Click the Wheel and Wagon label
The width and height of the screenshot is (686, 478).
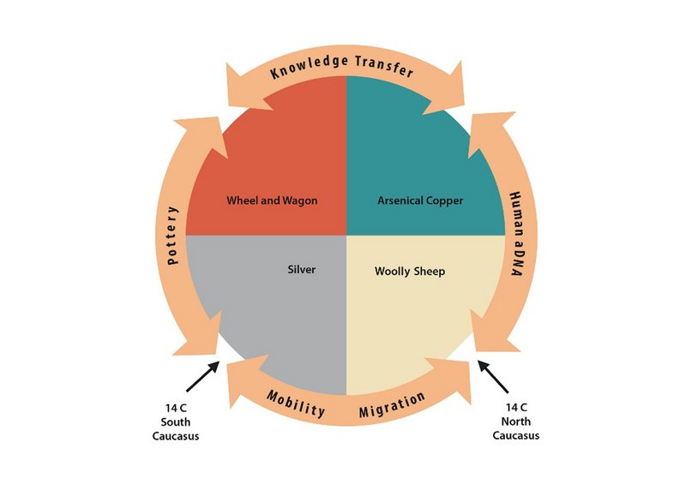(272, 200)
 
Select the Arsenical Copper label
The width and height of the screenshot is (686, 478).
(420, 200)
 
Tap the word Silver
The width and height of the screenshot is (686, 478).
(302, 269)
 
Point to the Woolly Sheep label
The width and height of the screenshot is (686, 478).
(410, 272)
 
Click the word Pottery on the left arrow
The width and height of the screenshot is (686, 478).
(173, 236)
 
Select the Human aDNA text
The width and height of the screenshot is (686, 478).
(517, 233)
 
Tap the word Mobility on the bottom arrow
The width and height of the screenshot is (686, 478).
(296, 403)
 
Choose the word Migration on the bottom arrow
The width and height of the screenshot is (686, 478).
(392, 404)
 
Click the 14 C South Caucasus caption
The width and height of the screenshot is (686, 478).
(176, 421)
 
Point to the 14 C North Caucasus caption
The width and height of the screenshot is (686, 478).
(516, 421)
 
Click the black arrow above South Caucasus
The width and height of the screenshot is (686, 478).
(202, 376)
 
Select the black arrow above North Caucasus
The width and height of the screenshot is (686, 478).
(493, 377)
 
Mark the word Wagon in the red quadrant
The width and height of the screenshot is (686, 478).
(299, 201)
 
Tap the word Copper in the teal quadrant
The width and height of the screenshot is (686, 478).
(442, 201)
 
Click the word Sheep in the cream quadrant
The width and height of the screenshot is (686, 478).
(430, 272)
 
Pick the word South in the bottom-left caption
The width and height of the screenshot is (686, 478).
(176, 422)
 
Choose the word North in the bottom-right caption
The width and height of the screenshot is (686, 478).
(516, 421)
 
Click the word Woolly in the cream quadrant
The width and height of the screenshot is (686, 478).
(393, 272)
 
